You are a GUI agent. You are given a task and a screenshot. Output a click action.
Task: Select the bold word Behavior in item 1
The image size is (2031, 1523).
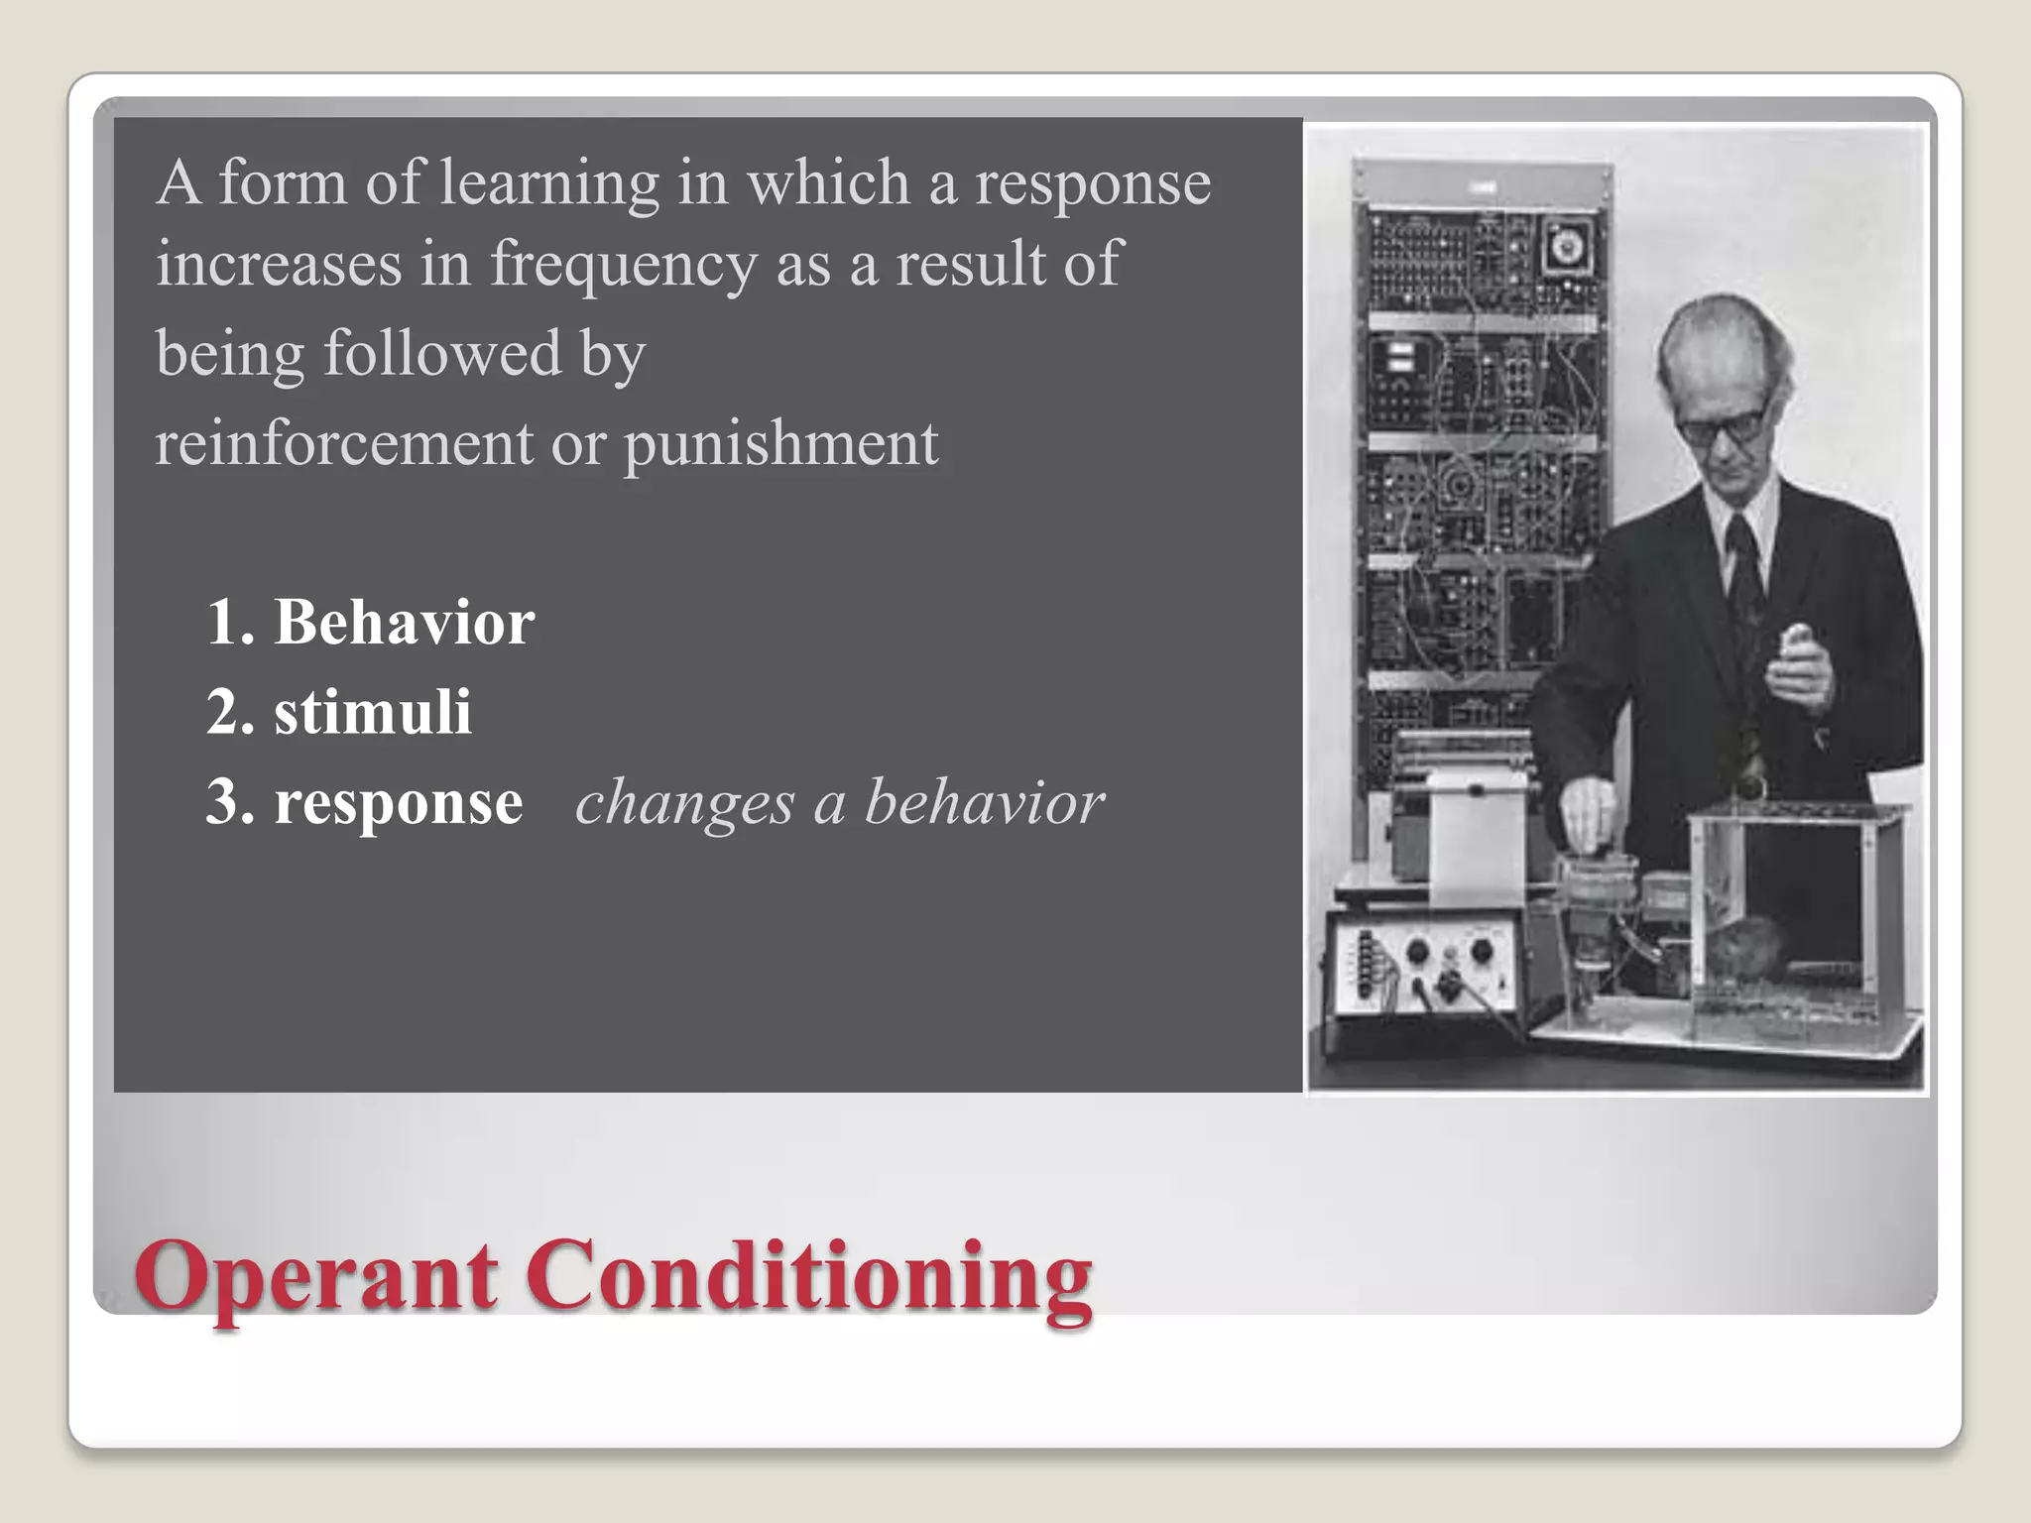click(x=404, y=623)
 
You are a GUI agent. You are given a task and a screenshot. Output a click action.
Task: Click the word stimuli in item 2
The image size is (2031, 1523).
click(x=372, y=712)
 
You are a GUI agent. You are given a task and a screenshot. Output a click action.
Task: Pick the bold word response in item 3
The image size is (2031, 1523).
click(x=398, y=803)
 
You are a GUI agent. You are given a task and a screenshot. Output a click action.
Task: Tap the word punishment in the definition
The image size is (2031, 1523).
click(x=780, y=444)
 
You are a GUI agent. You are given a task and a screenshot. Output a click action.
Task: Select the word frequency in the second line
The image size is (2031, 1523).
click(x=624, y=264)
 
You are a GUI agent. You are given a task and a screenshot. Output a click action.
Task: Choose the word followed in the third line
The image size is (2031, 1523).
click(x=442, y=353)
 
